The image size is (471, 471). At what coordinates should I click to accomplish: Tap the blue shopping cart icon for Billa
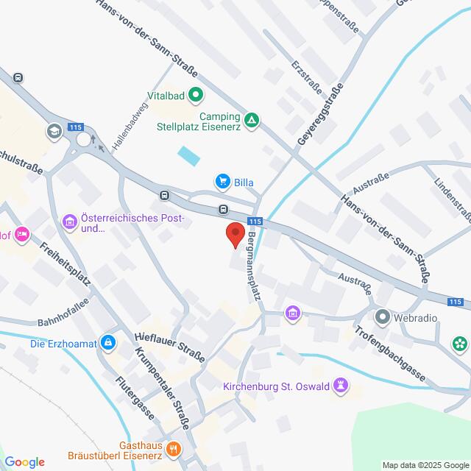pyautogui.click(x=222, y=180)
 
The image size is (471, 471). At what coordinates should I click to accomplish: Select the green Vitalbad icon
pyautogui.click(x=196, y=94)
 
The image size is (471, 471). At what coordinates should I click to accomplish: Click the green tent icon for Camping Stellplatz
pyautogui.click(x=252, y=120)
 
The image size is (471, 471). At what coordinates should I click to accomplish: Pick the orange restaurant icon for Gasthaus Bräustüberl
pyautogui.click(x=174, y=447)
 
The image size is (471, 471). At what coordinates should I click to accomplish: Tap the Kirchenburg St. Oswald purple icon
pyautogui.click(x=341, y=385)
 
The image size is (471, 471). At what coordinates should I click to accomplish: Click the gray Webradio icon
pyautogui.click(x=382, y=318)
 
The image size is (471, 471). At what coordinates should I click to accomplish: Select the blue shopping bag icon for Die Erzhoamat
pyautogui.click(x=109, y=341)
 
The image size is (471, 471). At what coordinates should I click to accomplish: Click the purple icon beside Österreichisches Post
pyautogui.click(x=70, y=221)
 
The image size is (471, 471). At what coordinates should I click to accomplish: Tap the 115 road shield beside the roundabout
pyautogui.click(x=75, y=127)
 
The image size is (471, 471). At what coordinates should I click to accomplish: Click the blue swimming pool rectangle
pyautogui.click(x=188, y=155)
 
